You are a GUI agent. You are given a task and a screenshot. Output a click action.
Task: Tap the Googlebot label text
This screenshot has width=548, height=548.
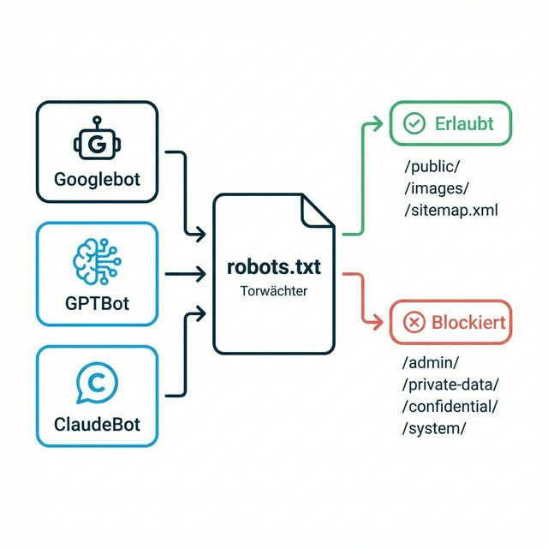(x=97, y=181)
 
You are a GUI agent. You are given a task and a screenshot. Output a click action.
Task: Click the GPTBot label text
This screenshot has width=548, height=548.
(x=97, y=303)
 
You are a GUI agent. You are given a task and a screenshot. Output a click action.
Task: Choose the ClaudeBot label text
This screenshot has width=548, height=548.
(x=97, y=425)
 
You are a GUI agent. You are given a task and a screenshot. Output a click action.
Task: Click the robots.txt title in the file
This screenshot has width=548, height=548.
(x=274, y=267)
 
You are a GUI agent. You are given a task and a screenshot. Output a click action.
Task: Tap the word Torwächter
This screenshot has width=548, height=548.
(x=274, y=291)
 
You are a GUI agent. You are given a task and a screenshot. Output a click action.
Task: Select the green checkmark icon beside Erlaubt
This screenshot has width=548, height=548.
(x=414, y=123)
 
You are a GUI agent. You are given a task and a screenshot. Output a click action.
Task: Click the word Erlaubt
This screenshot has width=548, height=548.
(x=464, y=123)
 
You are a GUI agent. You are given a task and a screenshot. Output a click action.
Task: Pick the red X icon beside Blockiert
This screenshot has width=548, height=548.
(x=414, y=322)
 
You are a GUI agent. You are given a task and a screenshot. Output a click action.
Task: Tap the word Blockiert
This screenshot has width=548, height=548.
(x=468, y=323)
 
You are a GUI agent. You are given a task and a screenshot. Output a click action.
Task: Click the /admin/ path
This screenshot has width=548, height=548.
(x=431, y=363)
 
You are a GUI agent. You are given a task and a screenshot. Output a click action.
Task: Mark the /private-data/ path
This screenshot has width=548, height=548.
(x=450, y=384)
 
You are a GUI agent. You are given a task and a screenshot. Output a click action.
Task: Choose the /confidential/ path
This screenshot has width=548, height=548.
(x=450, y=406)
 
